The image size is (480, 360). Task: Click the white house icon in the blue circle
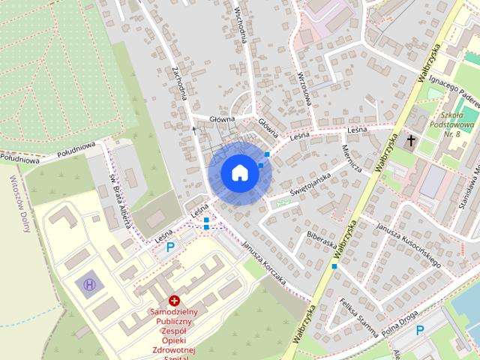click(239, 172)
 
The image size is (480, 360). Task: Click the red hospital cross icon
click(175, 299)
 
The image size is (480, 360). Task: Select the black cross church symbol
click(410, 139)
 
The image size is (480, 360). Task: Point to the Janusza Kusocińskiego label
click(408, 244)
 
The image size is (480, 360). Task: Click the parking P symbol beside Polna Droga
click(420, 330)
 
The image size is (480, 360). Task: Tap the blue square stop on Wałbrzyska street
click(334, 266)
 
